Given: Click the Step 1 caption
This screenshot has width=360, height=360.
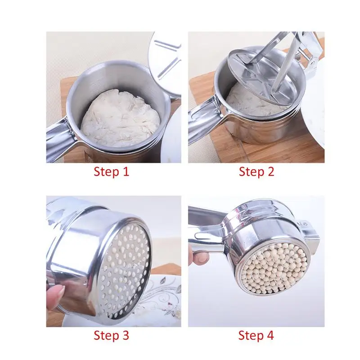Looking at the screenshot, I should pyautogui.click(x=111, y=171).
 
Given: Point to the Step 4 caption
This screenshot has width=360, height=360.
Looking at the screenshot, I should pyautogui.click(x=256, y=335).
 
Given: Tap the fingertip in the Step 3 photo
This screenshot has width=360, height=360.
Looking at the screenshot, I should pyautogui.click(x=55, y=299).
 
